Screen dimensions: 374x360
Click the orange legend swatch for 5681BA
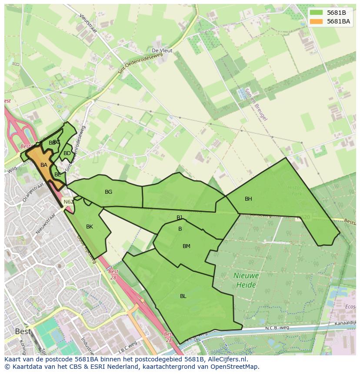pos(317,21)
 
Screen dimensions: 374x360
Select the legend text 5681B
pos(337,13)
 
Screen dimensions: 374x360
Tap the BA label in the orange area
pos(43,165)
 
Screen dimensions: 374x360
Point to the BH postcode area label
pos(248,199)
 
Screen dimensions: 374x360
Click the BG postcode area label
pos(108,192)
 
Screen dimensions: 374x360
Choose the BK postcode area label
pos(90,227)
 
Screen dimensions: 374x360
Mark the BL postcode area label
pos(183,296)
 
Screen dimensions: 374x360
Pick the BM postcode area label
pos(187,246)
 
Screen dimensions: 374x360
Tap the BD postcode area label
pos(67,153)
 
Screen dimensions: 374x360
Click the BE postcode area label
pos(57,175)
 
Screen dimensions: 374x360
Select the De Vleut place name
pos(162,51)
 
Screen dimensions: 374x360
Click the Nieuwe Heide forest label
pos(246,280)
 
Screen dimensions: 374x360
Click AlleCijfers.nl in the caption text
pos(227,359)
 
